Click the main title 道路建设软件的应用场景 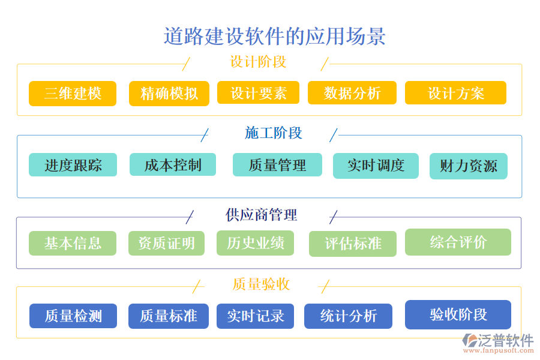coord(274,37)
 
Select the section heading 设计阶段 coord(258,62)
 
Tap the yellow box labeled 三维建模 coord(73,94)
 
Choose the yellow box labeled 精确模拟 coord(169,94)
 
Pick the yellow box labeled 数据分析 coord(352,93)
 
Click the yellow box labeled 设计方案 coord(455,93)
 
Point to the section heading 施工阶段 coord(273,133)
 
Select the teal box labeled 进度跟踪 coord(73,165)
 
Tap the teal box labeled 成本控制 coord(173,164)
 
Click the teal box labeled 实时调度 coord(376,166)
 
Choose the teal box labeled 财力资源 coord(469,166)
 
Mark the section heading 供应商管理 coord(261,214)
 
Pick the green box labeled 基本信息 coord(73,243)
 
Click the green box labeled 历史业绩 coord(255,243)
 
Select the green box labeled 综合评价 coord(458,242)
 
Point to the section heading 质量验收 coord(261,284)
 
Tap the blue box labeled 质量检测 coord(73,316)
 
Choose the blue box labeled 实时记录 coord(255,316)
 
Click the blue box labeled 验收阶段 coord(458,314)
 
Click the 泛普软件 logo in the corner coord(497,343)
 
